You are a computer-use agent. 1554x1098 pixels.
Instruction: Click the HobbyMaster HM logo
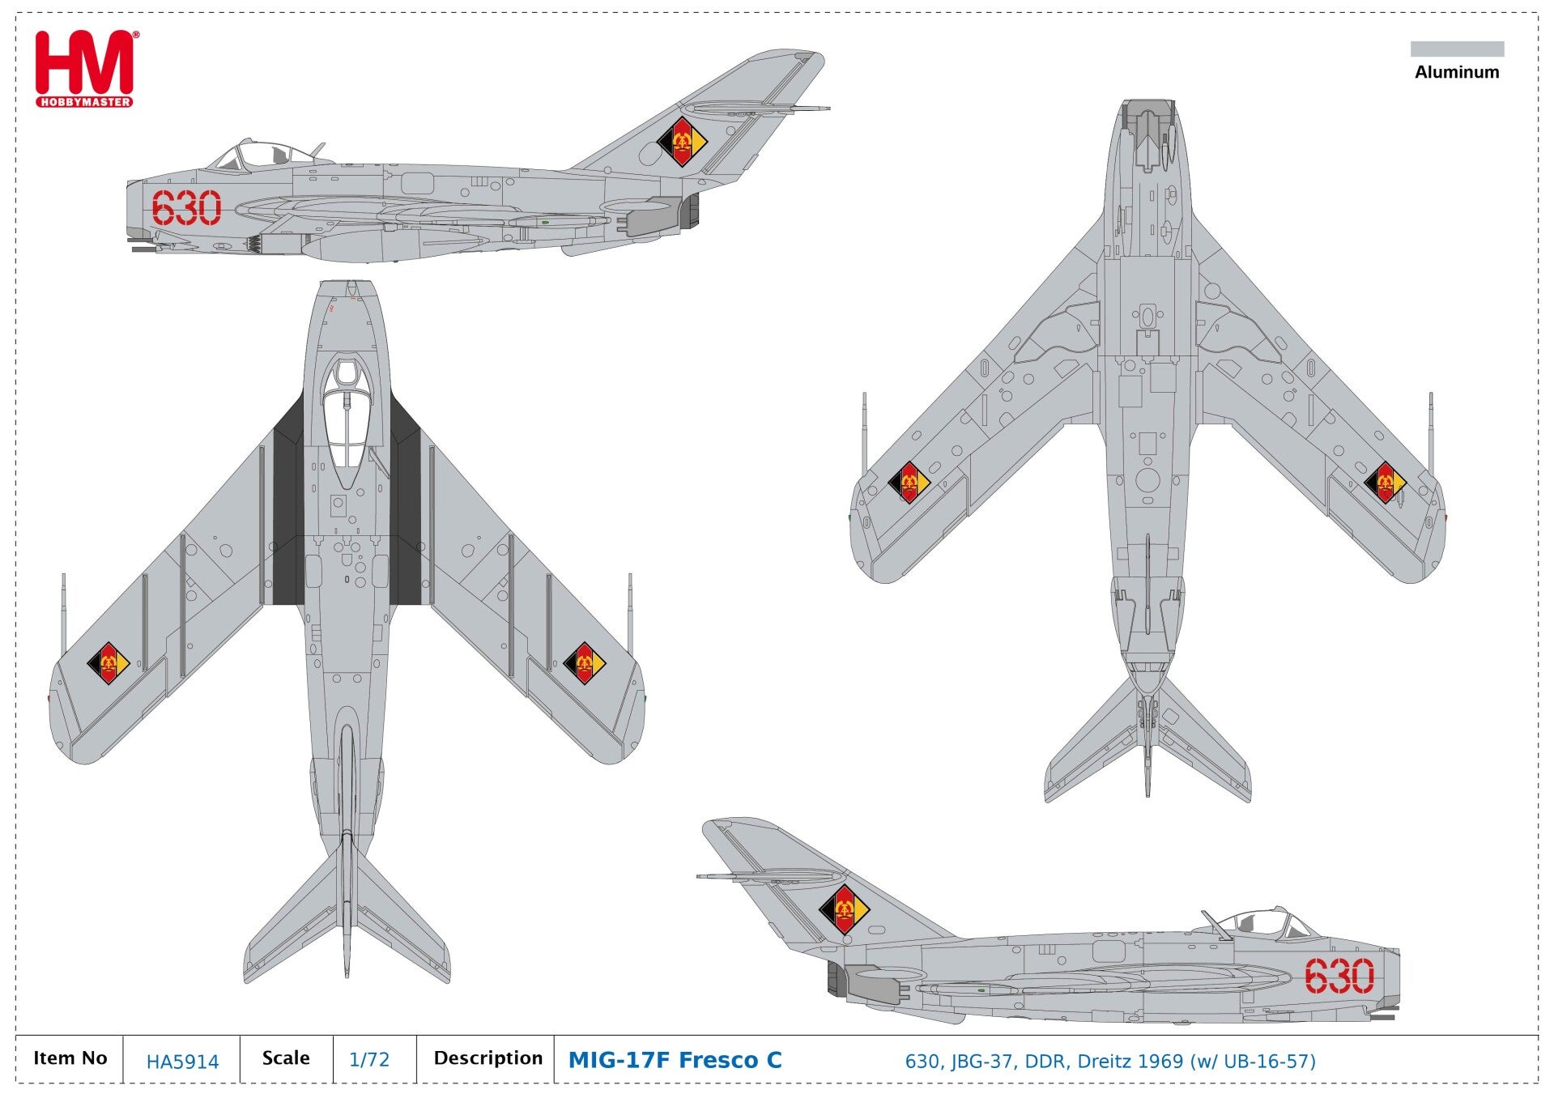(x=84, y=68)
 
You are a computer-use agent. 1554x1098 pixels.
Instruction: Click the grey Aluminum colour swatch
(x=1457, y=49)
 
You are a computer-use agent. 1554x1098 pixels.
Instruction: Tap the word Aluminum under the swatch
(x=1457, y=72)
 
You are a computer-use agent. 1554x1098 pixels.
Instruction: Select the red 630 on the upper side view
(x=186, y=208)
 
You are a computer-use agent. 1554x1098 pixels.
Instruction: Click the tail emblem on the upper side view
(x=682, y=142)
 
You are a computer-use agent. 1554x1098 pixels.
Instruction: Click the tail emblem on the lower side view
(x=844, y=909)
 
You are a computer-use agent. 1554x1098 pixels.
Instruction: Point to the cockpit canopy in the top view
(x=347, y=421)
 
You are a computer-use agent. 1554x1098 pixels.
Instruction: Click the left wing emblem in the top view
(x=109, y=663)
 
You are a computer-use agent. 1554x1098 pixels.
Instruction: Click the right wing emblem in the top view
(x=585, y=663)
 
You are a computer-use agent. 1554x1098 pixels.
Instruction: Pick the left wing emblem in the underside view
(x=909, y=483)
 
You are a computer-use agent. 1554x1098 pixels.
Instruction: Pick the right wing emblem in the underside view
(x=1385, y=483)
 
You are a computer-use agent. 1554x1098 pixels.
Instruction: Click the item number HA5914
(x=182, y=1061)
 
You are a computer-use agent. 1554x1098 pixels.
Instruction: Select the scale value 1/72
(x=369, y=1059)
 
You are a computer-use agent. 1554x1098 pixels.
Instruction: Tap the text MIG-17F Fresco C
(x=675, y=1059)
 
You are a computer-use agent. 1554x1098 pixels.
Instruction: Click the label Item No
(x=70, y=1058)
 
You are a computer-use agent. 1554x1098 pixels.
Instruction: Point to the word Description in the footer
(x=487, y=1058)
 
